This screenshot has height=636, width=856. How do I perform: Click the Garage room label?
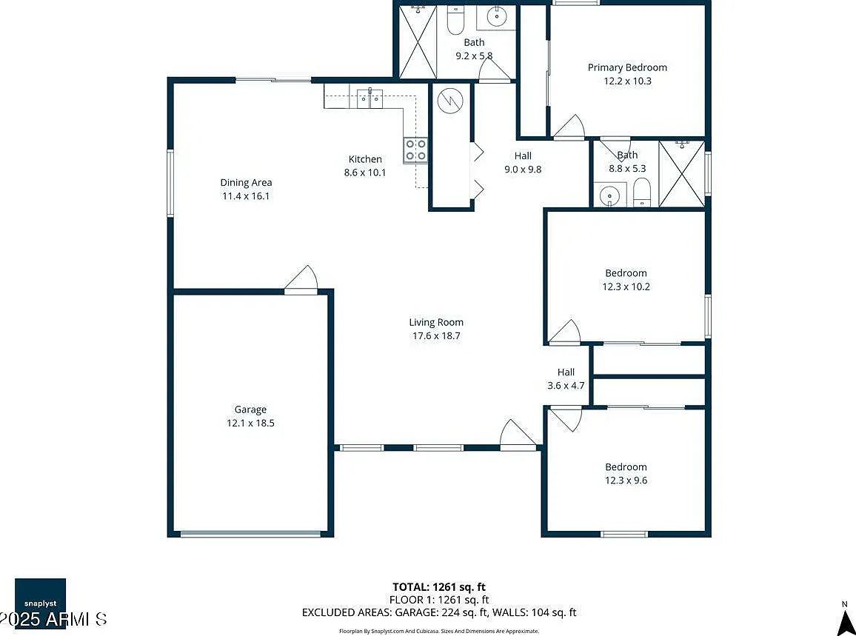[250, 409]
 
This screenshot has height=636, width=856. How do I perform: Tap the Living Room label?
[436, 323]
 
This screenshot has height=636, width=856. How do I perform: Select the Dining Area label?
[246, 183]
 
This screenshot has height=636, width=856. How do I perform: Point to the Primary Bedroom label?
[627, 67]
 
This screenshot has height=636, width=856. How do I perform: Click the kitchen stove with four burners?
[415, 150]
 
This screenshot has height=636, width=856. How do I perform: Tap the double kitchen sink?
[370, 98]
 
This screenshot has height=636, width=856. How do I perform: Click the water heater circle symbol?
[450, 100]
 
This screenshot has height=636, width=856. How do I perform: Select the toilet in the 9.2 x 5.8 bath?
[455, 21]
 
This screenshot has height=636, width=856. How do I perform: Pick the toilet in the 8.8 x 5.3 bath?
[643, 193]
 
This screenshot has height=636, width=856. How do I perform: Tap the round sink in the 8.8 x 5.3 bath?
[609, 196]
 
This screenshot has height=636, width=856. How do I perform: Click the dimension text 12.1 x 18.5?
[250, 423]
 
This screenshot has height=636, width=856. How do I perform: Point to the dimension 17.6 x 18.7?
[436, 335]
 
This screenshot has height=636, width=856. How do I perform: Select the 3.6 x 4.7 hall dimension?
[566, 386]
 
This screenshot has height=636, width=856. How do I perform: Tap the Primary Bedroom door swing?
[569, 127]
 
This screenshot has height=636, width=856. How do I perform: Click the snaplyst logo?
[41, 603]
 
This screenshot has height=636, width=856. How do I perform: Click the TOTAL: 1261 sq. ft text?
[439, 587]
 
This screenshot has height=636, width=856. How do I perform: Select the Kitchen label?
[365, 159]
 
